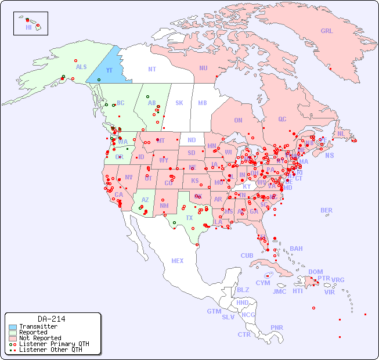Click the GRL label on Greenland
point(327,31)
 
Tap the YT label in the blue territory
point(109,70)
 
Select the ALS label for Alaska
point(81,67)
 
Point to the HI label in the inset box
point(28,27)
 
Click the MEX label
point(178,261)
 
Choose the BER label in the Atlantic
point(326,210)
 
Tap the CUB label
point(247,255)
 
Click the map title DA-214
point(52,319)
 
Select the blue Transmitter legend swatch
point(12,327)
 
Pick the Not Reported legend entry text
point(39,338)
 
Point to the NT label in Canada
point(151,69)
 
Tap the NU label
point(203,68)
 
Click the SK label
point(179,103)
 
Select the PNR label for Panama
point(277,327)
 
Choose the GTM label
point(214,311)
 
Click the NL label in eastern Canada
point(341,133)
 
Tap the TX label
point(189,218)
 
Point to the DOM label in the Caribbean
point(315,272)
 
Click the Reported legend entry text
point(33,332)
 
